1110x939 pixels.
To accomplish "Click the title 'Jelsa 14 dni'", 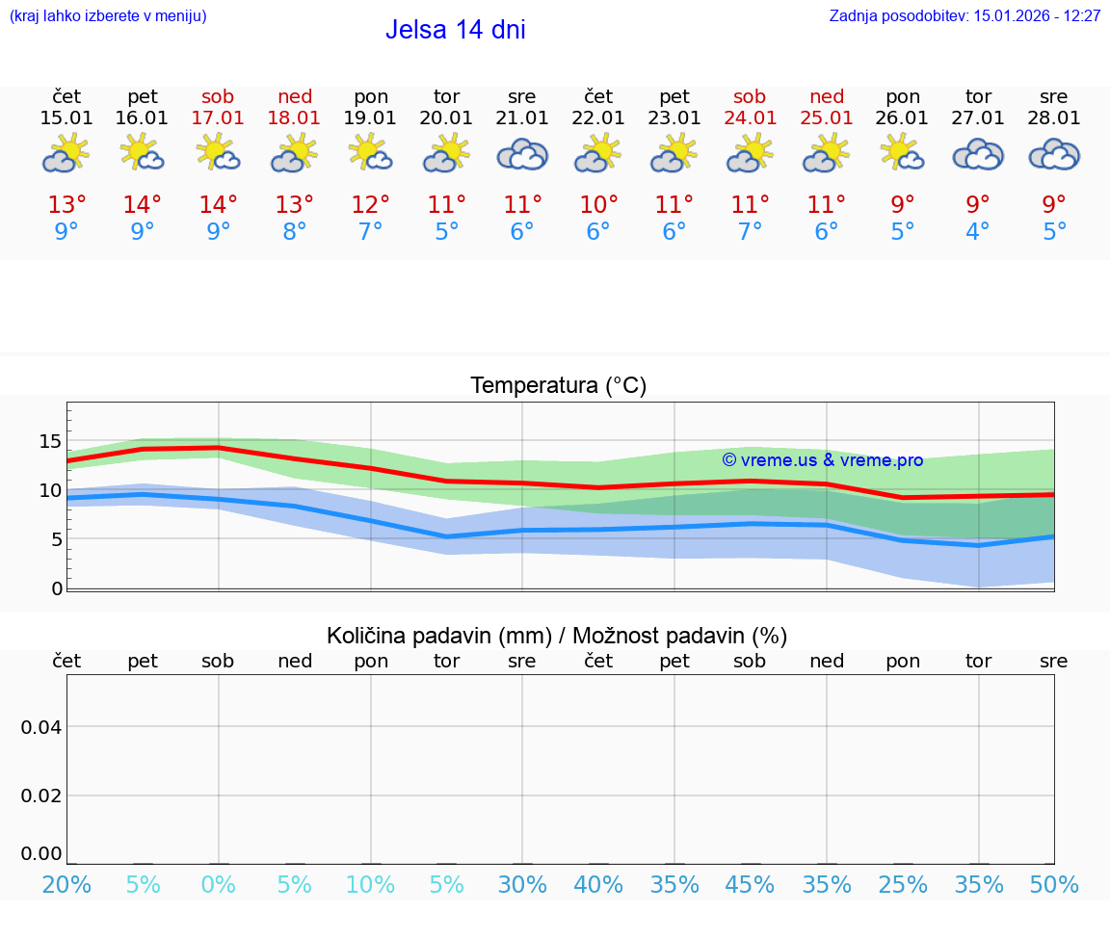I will point(455,30).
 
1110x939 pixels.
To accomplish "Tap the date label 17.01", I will point(218,118).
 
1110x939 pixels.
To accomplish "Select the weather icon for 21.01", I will point(521,154).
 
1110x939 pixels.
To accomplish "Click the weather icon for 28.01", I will point(1054,154).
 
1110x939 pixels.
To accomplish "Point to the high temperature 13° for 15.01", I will point(66,204).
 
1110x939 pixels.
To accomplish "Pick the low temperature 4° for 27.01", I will point(978,231).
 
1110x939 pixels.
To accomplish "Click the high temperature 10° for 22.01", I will point(597,204).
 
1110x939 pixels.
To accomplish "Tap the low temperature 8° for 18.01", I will point(294,231).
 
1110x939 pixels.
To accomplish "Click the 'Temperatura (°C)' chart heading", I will point(558,386).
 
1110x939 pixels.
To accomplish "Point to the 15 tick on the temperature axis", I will point(50,442).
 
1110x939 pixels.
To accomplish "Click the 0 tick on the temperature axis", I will point(56,588).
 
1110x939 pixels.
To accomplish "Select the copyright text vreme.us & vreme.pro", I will point(823,460).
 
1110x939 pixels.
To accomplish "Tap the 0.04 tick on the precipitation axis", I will point(41,727).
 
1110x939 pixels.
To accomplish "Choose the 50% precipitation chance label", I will point(1054,884).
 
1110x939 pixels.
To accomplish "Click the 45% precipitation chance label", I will point(750,884).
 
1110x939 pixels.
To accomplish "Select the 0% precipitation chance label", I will point(218,884).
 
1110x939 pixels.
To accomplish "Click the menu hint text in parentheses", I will point(108,15).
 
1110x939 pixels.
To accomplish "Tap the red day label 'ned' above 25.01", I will point(826,96).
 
